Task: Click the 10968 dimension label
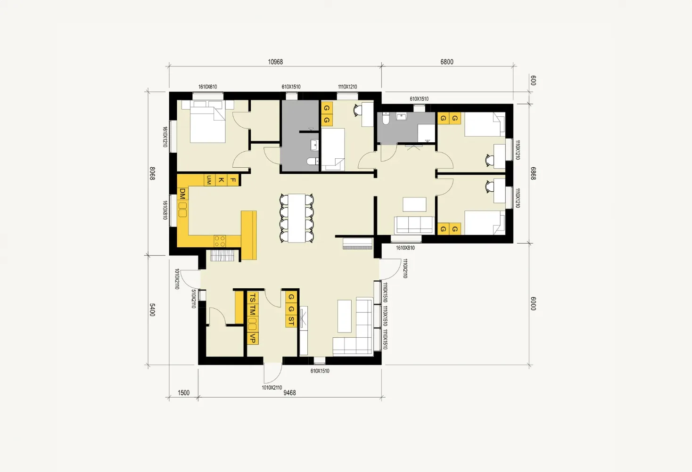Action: tap(275, 62)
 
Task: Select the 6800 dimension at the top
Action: tap(447, 62)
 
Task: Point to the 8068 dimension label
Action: tap(152, 173)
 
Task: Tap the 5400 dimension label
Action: tap(152, 309)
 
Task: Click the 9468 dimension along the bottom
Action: tap(289, 393)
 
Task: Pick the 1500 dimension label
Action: tap(183, 393)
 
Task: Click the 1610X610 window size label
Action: tap(207, 87)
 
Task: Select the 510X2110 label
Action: tap(194, 299)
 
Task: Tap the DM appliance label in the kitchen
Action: tap(182, 194)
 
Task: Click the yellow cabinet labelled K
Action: tap(221, 180)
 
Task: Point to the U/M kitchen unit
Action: tap(209, 179)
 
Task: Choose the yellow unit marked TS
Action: tap(253, 298)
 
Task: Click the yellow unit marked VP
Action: tap(253, 338)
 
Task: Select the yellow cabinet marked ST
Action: tap(291, 321)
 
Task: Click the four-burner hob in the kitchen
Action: tap(220, 241)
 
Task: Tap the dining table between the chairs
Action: tap(297, 218)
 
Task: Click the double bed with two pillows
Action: tap(207, 123)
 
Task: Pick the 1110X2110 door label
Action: tap(405, 269)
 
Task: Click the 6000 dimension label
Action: tap(533, 303)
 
